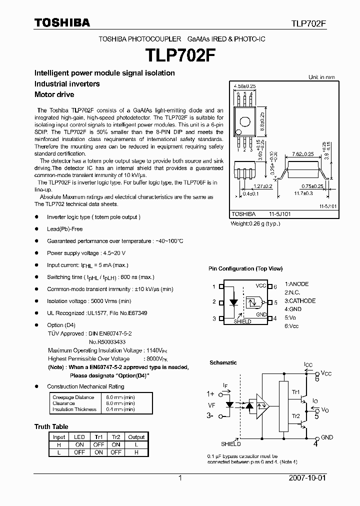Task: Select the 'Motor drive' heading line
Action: [54, 94]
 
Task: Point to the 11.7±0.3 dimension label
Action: [303, 193]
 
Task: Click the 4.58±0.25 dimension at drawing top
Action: [244, 86]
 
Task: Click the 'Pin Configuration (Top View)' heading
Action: [245, 268]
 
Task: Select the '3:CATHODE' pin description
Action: [300, 301]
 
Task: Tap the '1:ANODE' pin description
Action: [297, 284]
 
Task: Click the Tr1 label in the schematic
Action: [296, 392]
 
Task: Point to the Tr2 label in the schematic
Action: [296, 416]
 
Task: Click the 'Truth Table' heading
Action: [51, 426]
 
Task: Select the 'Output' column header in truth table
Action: [136, 437]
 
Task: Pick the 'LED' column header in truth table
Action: [79, 437]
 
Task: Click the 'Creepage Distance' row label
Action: [73, 397]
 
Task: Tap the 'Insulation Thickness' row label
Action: [74, 409]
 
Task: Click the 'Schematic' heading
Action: [223, 362]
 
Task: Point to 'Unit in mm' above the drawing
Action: [321, 77]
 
